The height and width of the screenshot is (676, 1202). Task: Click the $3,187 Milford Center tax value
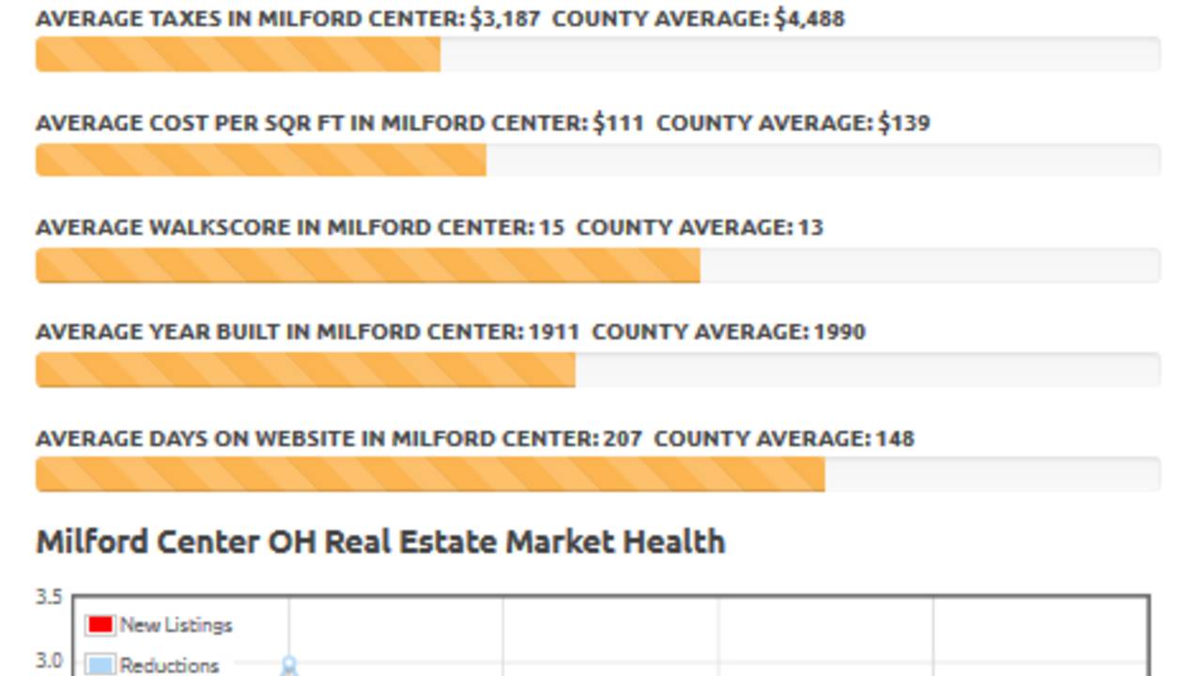[504, 19]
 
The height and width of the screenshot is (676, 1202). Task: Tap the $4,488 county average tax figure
[809, 19]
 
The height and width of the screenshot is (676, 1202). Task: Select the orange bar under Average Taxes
[238, 54]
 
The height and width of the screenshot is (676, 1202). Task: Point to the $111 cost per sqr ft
[618, 123]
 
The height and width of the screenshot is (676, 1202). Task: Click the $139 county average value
[904, 123]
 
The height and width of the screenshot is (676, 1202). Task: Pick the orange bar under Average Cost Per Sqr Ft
[260, 160]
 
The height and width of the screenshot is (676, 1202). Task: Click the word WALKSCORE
[237, 227]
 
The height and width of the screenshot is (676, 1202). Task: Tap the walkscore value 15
[551, 227]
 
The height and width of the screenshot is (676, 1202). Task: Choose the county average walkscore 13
[810, 227]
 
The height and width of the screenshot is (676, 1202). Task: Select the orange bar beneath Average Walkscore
[367, 266]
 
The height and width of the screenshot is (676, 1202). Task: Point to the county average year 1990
[840, 331]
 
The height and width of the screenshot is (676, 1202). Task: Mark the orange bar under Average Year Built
[305, 370]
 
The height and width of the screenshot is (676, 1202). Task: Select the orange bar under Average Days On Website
[430, 475]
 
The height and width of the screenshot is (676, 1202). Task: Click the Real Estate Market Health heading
[380, 542]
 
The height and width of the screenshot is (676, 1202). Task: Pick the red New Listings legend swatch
[100, 624]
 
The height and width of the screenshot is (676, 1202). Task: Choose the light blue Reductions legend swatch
[100, 665]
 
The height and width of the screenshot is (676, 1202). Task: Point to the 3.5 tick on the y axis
[49, 597]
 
